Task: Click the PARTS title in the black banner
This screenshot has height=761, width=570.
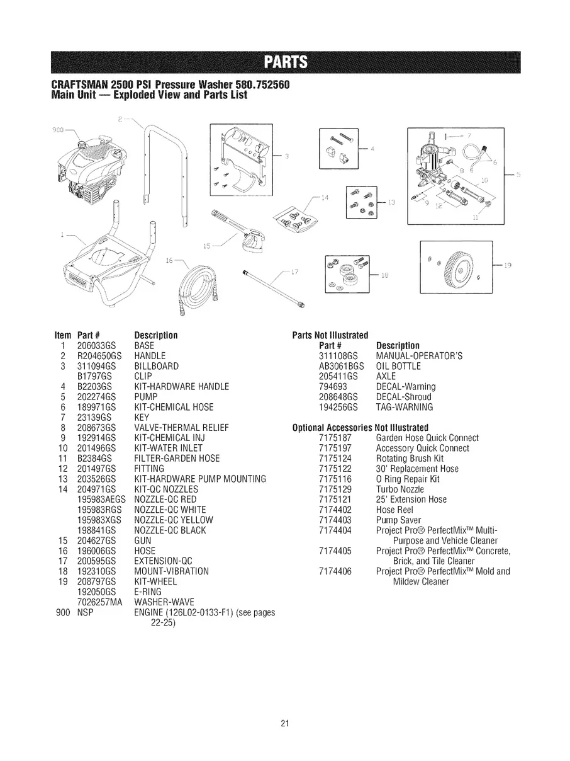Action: [285, 62]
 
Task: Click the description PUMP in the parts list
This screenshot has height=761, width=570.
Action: [145, 397]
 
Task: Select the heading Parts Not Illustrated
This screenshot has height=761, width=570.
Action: [330, 335]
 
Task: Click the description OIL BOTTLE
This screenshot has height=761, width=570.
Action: [398, 366]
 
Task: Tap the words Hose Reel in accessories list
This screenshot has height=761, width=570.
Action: [393, 510]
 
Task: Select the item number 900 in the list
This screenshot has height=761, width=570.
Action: [61, 612]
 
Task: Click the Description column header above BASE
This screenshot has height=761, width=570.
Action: [156, 335]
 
